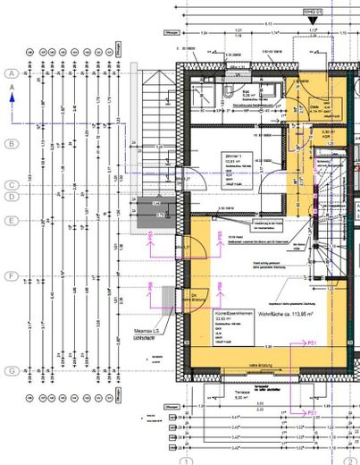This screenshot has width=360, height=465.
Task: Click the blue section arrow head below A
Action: tap(12, 100)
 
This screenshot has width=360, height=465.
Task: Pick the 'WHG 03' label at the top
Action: tap(312, 12)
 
